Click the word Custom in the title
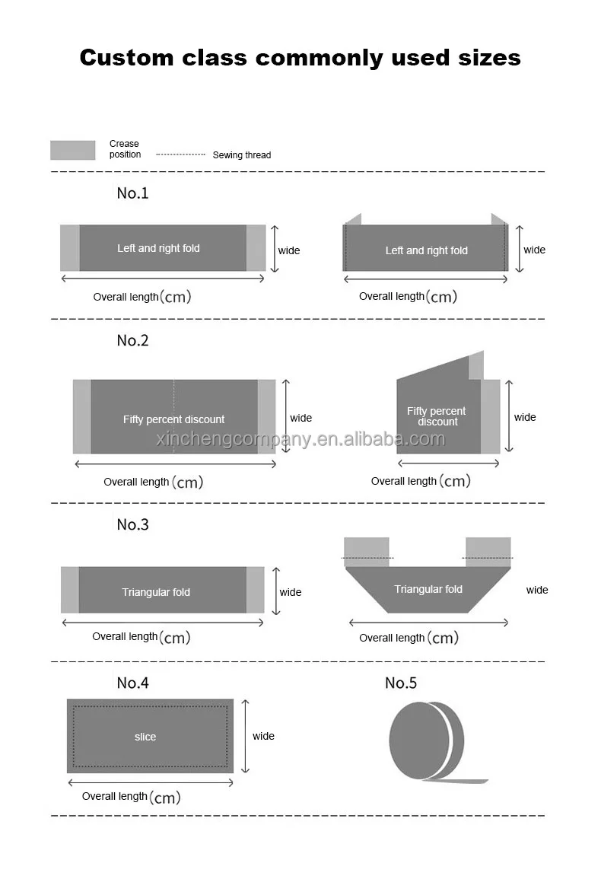[x=125, y=57]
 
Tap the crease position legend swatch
[x=73, y=150]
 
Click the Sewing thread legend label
[x=241, y=155]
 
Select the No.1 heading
[x=132, y=193]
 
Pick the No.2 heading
[x=132, y=341]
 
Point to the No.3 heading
[x=132, y=525]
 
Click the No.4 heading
[x=132, y=683]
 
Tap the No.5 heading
[x=401, y=683]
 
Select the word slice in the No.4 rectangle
[x=145, y=737]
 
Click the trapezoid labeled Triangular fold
[x=428, y=589]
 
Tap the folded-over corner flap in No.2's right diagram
[x=475, y=366]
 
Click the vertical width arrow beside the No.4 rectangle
[x=245, y=736]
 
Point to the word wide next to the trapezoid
[x=537, y=590]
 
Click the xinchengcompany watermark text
[x=300, y=440]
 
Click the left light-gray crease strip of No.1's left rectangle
[x=70, y=248]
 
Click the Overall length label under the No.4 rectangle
[x=115, y=797]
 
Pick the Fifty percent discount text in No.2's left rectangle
[x=174, y=419]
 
